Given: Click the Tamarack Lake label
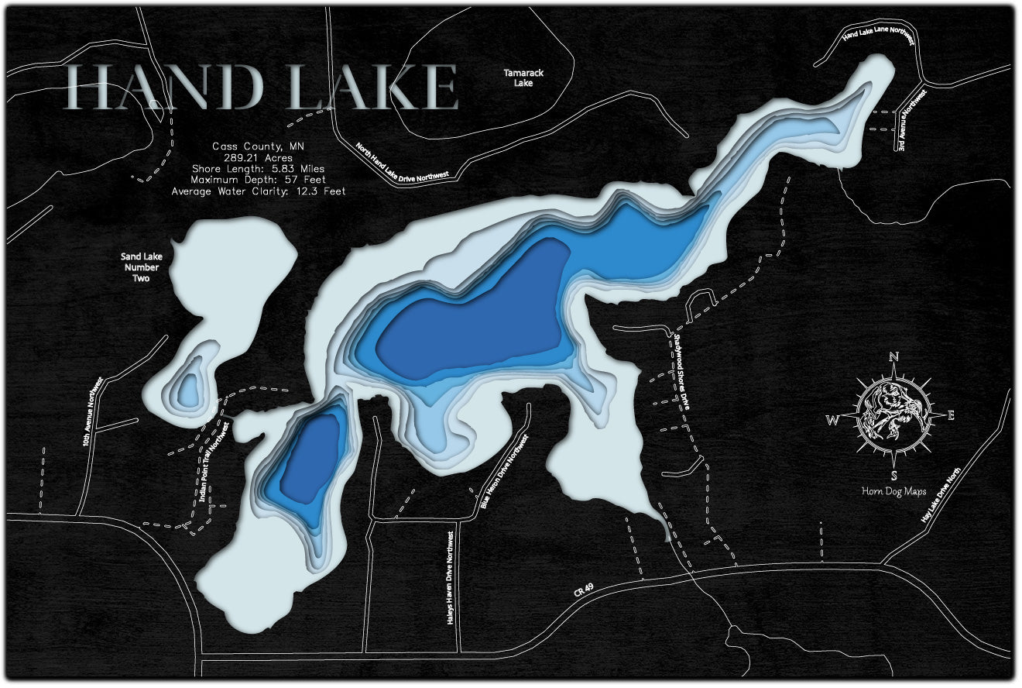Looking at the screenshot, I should (523, 77).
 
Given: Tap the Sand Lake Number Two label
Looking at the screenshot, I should (140, 267).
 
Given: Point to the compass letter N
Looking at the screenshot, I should (893, 357).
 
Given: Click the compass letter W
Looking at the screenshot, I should (833, 421).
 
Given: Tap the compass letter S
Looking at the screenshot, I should (893, 475).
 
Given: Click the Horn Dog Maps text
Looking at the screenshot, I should (893, 490).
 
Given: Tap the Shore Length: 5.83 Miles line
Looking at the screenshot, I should (259, 168).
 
